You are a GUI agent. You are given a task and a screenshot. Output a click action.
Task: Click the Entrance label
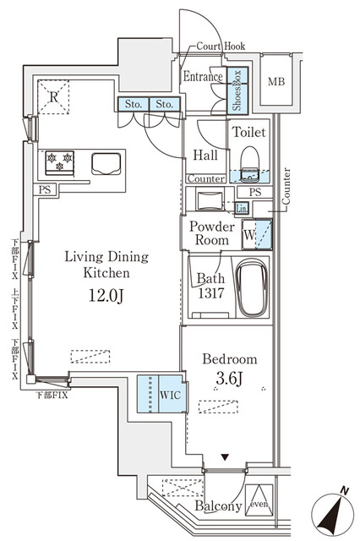coord(204,77)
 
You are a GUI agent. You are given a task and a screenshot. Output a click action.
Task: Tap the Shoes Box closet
coord(238,90)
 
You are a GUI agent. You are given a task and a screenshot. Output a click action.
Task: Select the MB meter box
coord(275,82)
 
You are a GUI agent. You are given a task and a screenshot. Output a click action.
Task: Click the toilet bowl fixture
coord(249,161)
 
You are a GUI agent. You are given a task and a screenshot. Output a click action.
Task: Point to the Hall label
coord(206,156)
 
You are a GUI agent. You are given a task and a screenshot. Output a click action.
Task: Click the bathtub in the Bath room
coord(251,288)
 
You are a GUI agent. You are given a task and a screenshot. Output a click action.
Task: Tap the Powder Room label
coord(210,233)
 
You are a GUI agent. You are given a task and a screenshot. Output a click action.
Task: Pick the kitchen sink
coord(106,162)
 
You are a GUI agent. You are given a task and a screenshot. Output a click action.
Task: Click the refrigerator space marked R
coord(53,98)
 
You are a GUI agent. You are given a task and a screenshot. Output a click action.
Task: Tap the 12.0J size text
coord(106,296)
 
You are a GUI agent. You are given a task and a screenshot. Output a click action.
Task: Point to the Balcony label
coord(218,506)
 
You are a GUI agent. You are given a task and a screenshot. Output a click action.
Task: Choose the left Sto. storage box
coord(132,105)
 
